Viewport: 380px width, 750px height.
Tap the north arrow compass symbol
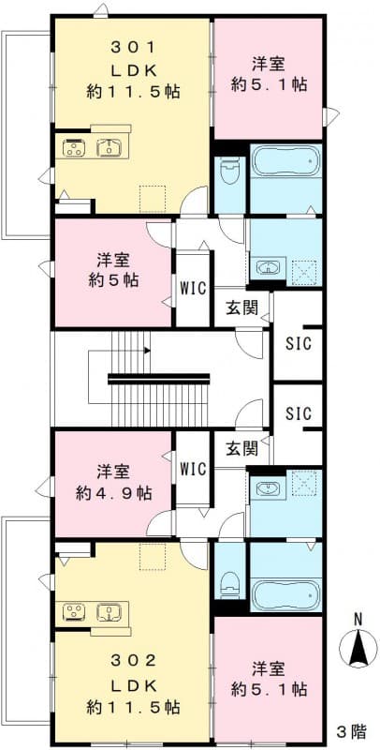[x=357, y=646]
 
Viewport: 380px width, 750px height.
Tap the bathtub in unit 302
[x=285, y=593]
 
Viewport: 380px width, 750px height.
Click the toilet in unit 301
[x=228, y=173]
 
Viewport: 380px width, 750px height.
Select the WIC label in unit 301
[x=193, y=286]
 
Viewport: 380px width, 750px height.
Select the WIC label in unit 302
[x=193, y=466]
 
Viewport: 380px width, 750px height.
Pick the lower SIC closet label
[x=298, y=413]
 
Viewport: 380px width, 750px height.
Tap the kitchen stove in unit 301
[x=75, y=147]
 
